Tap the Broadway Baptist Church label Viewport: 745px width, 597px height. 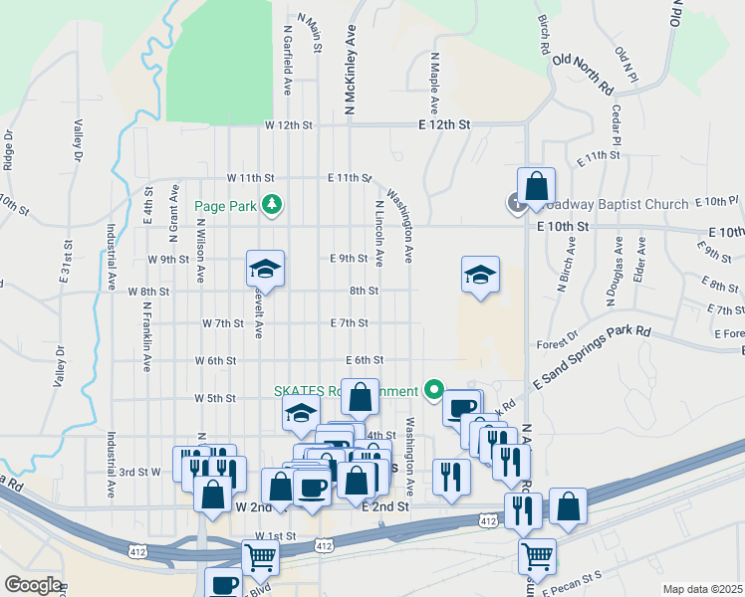pyautogui.click(x=616, y=204)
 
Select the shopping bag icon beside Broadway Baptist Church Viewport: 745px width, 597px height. pyautogui.click(x=536, y=186)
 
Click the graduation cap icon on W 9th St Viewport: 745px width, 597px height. pyautogui.click(x=266, y=269)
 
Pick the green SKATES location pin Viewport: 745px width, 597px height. pyautogui.click(x=433, y=390)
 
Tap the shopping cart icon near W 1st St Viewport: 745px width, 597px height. pyautogui.click(x=261, y=560)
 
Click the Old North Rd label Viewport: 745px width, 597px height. pyautogui.click(x=583, y=74)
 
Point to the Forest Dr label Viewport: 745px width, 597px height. pyautogui.click(x=557, y=339)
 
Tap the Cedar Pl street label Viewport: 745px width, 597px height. pyautogui.click(x=617, y=127)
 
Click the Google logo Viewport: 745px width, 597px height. pyautogui.click(x=32, y=583)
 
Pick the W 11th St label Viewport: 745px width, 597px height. pyautogui.click(x=250, y=177)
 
